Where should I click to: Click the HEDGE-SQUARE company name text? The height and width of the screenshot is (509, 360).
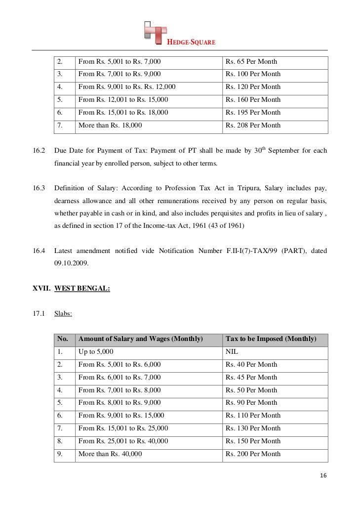click(x=193, y=42)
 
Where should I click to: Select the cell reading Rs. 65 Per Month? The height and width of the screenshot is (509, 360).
click(x=251, y=62)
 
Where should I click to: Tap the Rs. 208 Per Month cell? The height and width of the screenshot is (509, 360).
click(x=253, y=126)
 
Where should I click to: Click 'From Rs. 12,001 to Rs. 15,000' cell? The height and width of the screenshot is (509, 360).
click(x=123, y=100)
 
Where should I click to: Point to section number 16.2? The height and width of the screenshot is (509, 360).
click(x=39, y=150)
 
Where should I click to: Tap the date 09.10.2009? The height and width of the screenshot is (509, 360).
click(x=71, y=264)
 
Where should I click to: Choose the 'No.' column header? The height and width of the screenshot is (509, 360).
click(x=63, y=339)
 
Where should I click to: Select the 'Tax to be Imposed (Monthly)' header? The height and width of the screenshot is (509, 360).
click(x=271, y=339)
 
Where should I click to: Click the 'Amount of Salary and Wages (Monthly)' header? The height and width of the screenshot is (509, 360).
click(x=141, y=339)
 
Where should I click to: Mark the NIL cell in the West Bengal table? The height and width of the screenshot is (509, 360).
click(x=231, y=352)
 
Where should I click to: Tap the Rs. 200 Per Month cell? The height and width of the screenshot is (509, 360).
click(x=253, y=454)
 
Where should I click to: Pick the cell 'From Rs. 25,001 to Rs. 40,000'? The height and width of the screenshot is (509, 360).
click(x=123, y=441)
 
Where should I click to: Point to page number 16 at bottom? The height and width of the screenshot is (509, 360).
click(x=323, y=476)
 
